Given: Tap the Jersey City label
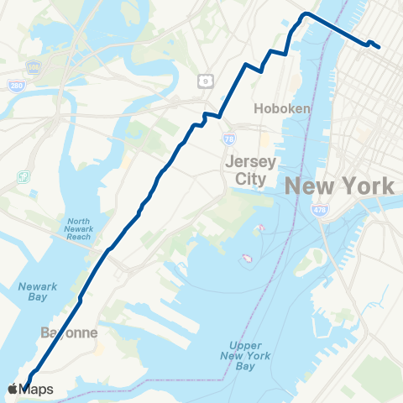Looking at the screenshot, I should click(245, 170).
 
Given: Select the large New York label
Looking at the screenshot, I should click(341, 186).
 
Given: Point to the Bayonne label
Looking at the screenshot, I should click(70, 333).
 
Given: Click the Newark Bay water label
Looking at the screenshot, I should click(38, 294).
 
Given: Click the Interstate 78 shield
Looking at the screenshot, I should click(229, 138).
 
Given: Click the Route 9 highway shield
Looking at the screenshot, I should click(204, 81).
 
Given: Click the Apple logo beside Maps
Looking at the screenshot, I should click(13, 389).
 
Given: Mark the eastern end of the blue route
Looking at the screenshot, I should click(379, 47).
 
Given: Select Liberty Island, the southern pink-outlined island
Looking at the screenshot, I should click(248, 257).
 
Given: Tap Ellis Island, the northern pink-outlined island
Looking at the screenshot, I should click(260, 228).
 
